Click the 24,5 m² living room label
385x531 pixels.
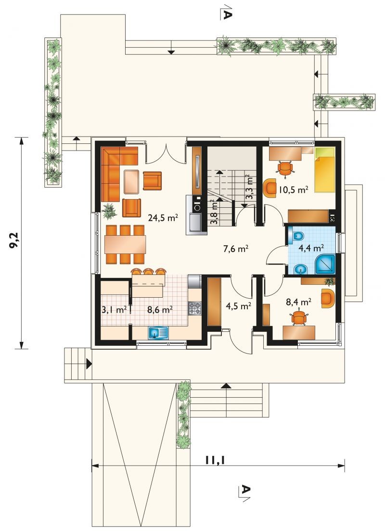point(163,218)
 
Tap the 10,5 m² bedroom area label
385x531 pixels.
point(293,190)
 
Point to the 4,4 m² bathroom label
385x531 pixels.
point(310,248)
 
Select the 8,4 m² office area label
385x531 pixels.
point(299,302)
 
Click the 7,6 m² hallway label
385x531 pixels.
point(236,249)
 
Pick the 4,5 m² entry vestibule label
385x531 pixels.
point(238,306)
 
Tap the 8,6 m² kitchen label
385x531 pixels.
point(160,309)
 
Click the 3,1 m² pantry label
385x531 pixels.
point(115,309)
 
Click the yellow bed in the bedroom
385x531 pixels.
point(325,169)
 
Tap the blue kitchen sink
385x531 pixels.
point(158,333)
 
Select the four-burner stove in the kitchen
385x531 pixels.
point(195,308)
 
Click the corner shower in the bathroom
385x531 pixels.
point(325,264)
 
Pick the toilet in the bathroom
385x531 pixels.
point(296,236)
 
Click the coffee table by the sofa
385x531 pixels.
point(131,182)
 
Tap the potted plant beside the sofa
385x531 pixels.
point(109,211)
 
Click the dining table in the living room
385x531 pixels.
point(125,244)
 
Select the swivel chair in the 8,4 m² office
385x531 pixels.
point(299,318)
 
